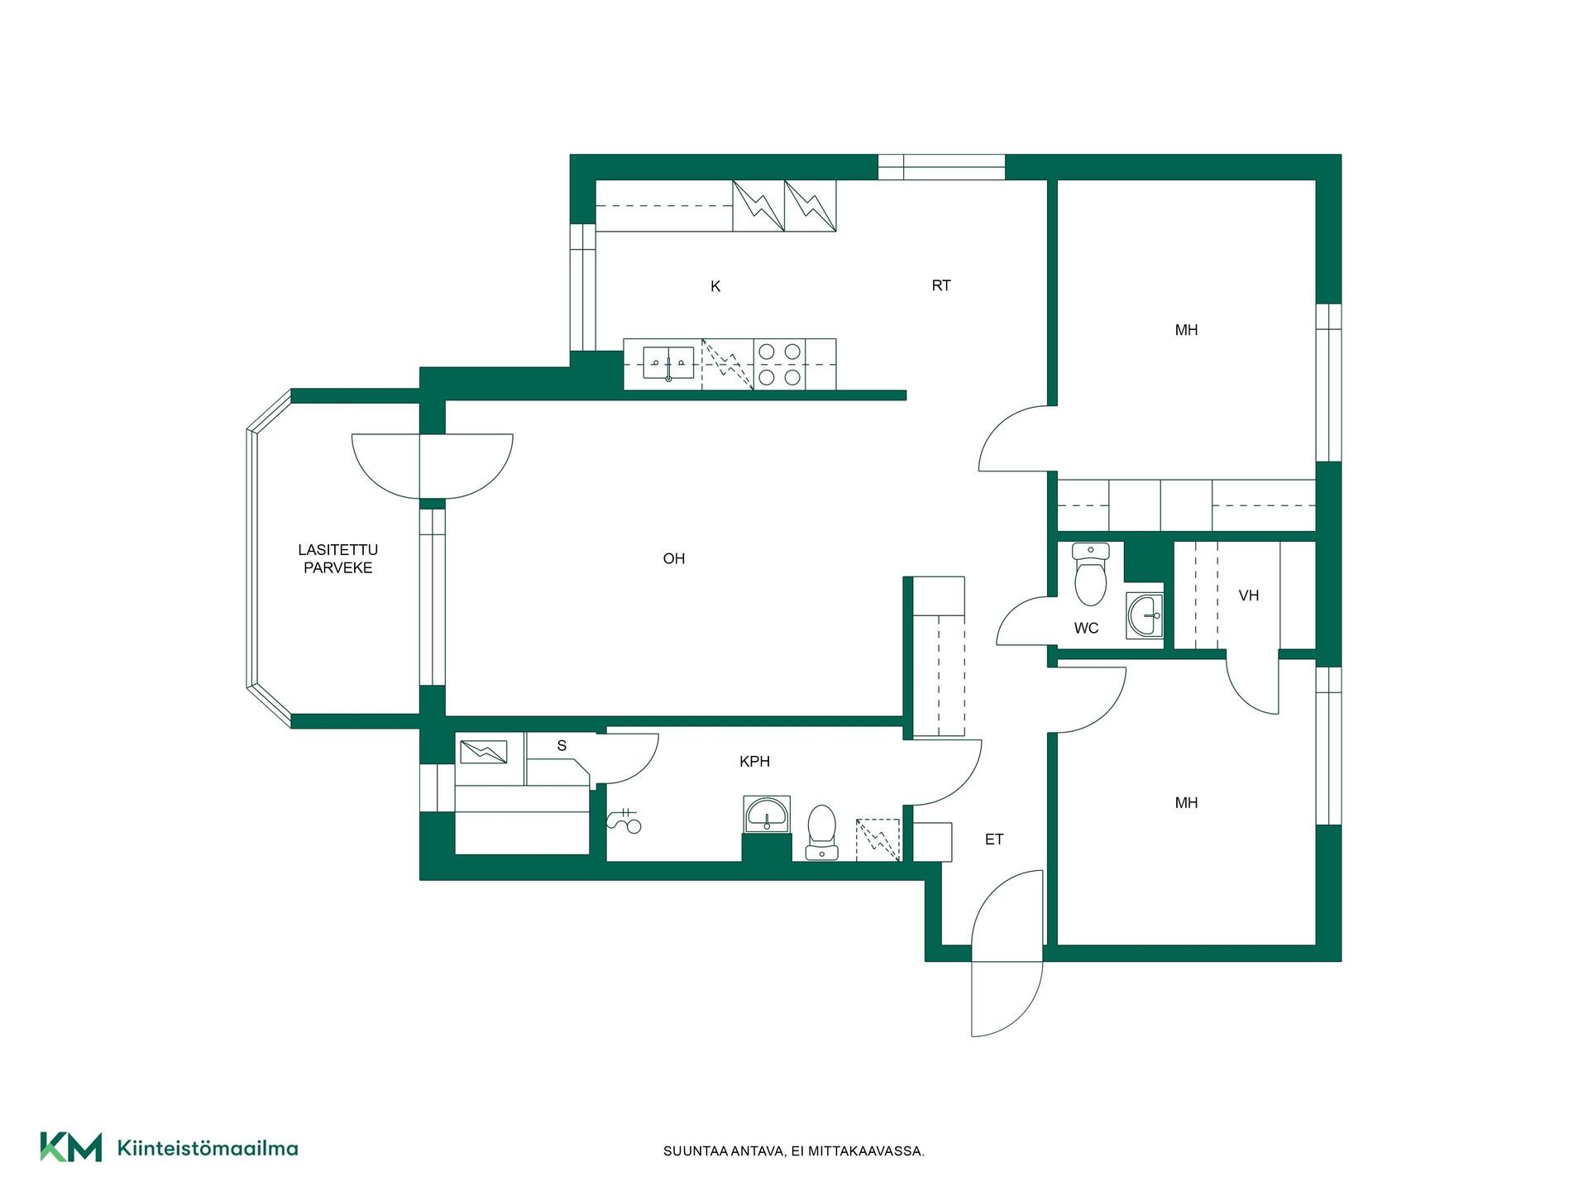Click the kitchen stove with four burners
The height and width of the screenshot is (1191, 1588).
[779, 364]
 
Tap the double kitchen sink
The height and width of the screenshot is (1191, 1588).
[668, 363]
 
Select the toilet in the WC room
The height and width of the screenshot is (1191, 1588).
[1090, 574]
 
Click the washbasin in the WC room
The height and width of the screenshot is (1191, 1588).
[1145, 616]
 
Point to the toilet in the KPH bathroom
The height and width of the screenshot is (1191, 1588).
[821, 833]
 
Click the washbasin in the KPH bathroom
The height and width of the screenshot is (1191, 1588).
[767, 815]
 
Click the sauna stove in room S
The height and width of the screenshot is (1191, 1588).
[483, 751]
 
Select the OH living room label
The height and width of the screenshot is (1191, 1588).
[674, 559]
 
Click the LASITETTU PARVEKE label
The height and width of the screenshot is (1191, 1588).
[338, 558]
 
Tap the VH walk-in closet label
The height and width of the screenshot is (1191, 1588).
[1249, 595]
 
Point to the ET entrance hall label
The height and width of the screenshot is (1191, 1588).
[994, 839]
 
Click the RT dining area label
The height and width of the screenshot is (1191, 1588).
[941, 285]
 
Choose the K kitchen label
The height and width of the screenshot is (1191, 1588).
[715, 286]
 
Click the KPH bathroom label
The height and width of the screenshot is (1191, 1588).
[754, 762]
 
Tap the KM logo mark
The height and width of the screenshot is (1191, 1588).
[71, 1147]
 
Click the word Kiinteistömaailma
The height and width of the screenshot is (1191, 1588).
[208, 1148]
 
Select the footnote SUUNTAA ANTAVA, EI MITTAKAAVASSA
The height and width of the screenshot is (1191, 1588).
[794, 1151]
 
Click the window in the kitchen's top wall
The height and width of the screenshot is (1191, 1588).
[941, 167]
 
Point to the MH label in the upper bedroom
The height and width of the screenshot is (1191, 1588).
[1186, 330]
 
